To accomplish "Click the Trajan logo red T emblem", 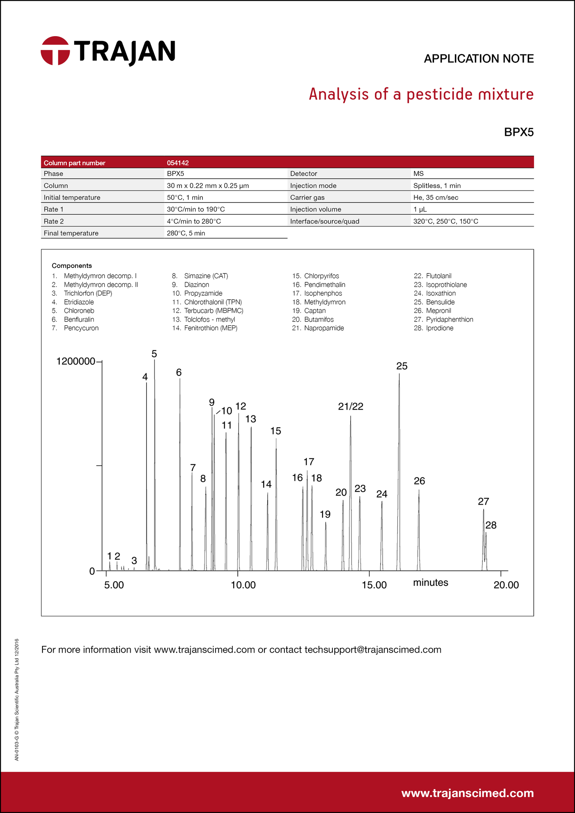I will pyautogui.click(x=55, y=50).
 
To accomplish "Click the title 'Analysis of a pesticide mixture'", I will pyautogui.click(x=421, y=94).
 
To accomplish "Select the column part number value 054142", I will pyautogui.click(x=178, y=163).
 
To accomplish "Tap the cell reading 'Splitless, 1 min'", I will pyautogui.click(x=437, y=185).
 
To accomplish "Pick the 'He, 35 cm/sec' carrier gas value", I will pyautogui.click(x=436, y=197).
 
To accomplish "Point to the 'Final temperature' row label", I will pyautogui.click(x=71, y=233).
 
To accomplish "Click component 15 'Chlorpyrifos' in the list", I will pyautogui.click(x=321, y=276).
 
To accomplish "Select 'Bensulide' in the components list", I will pyautogui.click(x=440, y=302).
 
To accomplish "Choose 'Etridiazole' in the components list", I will pyautogui.click(x=79, y=302).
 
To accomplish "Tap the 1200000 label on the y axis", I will pyautogui.click(x=76, y=361).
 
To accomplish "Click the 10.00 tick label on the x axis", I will pyautogui.click(x=243, y=585).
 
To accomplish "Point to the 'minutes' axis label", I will pyautogui.click(x=430, y=582).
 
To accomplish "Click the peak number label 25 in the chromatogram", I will pyautogui.click(x=402, y=366).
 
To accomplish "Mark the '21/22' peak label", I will pyautogui.click(x=351, y=406).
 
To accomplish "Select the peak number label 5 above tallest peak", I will pyautogui.click(x=154, y=354).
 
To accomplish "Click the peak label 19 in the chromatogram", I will pyautogui.click(x=325, y=514).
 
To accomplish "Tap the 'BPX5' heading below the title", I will pyautogui.click(x=519, y=132).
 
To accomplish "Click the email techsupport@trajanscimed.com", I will pyautogui.click(x=372, y=649).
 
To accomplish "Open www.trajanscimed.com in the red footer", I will pyautogui.click(x=467, y=793).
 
